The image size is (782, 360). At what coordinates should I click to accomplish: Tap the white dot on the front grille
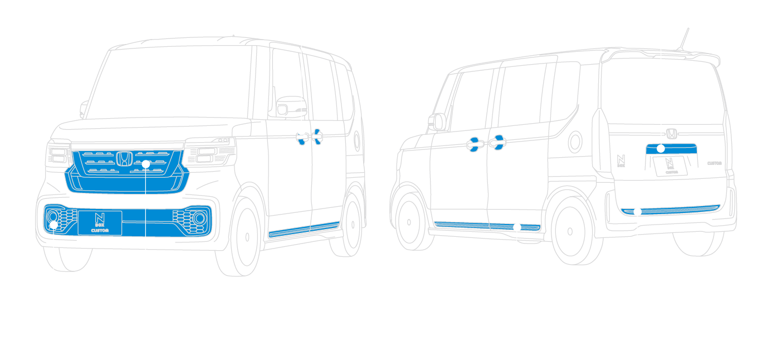coord(145,164)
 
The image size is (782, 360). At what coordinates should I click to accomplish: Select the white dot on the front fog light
coord(53,225)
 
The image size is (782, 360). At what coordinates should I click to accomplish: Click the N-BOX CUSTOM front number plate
coord(100,223)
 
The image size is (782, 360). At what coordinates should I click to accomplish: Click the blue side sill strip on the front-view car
coord(304,229)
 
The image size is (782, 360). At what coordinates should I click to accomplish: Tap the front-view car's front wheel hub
coord(247,236)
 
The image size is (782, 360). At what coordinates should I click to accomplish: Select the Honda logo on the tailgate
coord(671,134)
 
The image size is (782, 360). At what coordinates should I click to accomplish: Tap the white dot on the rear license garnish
coord(661,148)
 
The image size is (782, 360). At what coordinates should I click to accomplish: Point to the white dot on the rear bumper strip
coord(638,212)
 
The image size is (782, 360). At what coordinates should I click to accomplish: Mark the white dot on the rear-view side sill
coord(517,227)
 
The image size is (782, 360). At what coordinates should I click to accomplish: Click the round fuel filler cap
coord(575,143)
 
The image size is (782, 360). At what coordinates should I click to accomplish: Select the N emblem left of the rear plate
coord(622,160)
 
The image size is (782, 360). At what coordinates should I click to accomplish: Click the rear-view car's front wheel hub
coord(409,222)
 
